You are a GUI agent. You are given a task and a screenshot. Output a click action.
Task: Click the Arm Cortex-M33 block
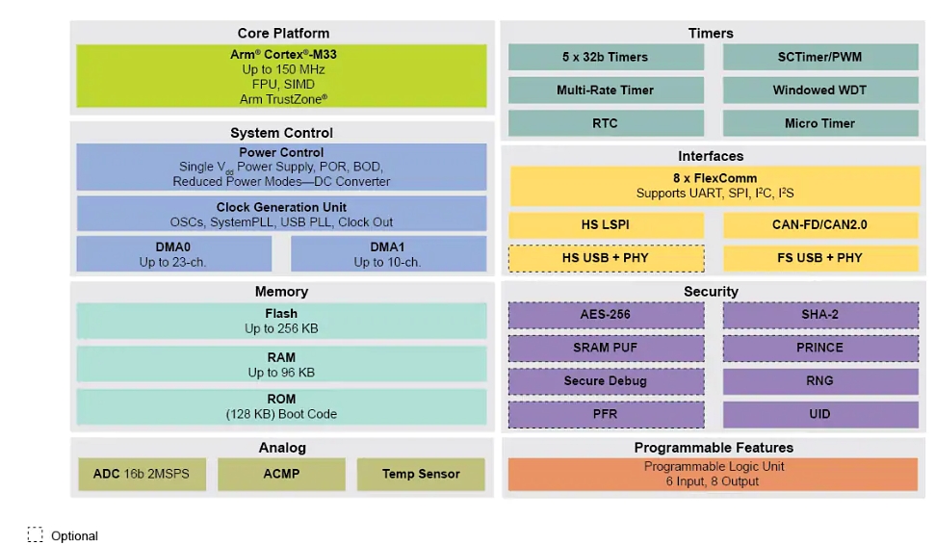pos(282,76)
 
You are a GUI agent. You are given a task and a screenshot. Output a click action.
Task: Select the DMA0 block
pos(173,254)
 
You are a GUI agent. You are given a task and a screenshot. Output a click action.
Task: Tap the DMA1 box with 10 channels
pos(388,254)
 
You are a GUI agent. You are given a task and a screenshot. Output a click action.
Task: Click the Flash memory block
pos(281,321)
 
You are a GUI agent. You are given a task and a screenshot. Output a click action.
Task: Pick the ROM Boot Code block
pos(281,406)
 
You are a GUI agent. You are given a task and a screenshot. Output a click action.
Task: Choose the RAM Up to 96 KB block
pos(281,364)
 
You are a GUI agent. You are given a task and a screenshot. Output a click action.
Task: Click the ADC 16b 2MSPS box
pos(142,474)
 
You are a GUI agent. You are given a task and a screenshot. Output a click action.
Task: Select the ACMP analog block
pos(281,474)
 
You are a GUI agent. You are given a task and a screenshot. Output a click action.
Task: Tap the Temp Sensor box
pos(421,474)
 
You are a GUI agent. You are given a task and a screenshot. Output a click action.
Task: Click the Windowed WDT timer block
pos(819,90)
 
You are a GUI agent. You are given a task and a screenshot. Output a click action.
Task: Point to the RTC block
pos(606,123)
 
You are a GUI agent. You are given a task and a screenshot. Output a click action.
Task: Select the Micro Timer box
pos(819,123)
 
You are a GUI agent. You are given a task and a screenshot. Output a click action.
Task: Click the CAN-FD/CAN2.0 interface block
pos(819,224)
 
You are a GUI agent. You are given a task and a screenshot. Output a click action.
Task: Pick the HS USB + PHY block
pos(606,258)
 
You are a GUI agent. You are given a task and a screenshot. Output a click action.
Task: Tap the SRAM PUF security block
pos(606,348)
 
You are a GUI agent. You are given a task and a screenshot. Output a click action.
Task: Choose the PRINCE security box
pos(819,348)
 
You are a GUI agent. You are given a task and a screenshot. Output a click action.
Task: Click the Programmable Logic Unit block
pos(713,474)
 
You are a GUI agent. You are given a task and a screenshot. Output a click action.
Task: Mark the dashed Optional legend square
pos(36,534)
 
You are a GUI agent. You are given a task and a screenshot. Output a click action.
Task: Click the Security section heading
pos(712,291)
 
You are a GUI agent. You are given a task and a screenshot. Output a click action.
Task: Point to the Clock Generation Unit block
pos(281,214)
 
